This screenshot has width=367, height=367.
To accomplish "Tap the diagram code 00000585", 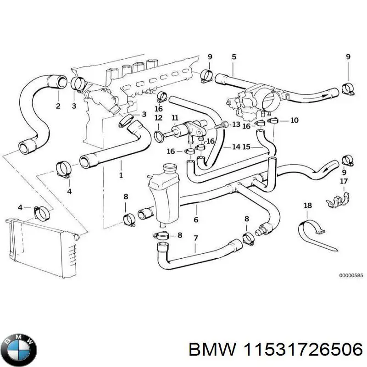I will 350,275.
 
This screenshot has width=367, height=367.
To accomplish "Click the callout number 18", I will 307,206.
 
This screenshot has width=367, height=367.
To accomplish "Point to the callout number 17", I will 344,182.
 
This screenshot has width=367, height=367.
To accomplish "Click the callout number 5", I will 234,57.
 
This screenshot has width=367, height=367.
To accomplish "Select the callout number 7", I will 195,238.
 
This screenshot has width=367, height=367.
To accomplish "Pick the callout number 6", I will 195,220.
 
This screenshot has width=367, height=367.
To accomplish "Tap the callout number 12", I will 158,118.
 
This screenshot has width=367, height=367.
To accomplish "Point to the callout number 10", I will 294,120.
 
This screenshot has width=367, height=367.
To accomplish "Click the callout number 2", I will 58,106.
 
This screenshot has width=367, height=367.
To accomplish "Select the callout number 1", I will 121,175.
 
